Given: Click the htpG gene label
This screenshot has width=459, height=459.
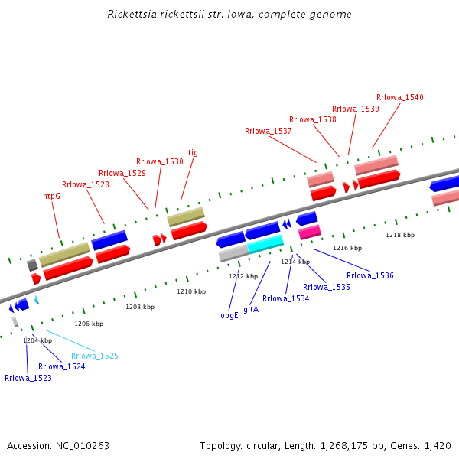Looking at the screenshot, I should tap(51, 196).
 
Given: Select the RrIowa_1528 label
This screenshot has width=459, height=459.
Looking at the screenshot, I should tap(86, 184).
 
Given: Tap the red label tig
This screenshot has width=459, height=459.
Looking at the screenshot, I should tap(193, 152).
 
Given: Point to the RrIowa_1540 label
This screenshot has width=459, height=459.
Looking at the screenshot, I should tap(399, 97).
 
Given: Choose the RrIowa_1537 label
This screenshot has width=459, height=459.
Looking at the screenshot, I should tap(268, 131).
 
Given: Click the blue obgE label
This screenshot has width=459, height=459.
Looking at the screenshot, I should tap(229, 315).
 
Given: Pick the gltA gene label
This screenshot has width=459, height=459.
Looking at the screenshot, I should tap(251, 309).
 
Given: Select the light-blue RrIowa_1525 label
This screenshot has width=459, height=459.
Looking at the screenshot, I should tap(95, 356).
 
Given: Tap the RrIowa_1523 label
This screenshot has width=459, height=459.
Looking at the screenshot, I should tap(28, 378).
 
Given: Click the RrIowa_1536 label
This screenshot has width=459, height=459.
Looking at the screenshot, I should tap(370, 275).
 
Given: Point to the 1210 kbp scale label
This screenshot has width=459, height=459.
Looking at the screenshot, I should tap(191, 291).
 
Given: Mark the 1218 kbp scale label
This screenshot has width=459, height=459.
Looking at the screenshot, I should tap(400, 235).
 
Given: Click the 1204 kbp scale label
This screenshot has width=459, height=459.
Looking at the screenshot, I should tap(37, 340).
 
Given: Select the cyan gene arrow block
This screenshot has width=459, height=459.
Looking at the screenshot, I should tap(265, 244).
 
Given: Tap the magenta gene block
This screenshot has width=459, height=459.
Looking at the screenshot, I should tap(309, 231).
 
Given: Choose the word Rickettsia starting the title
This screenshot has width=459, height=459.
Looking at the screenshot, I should tap(132, 14).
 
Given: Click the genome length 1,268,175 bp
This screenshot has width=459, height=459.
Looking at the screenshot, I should tap(343, 445).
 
